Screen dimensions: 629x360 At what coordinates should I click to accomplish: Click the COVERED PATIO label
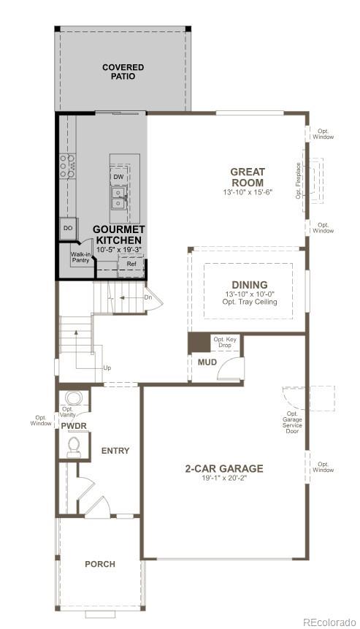(x=123, y=72)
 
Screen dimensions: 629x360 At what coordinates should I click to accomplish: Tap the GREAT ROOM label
(x=248, y=178)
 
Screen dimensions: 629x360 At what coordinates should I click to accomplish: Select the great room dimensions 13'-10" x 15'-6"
(x=248, y=192)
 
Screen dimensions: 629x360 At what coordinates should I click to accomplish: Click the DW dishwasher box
(x=118, y=177)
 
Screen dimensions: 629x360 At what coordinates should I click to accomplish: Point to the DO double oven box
(x=68, y=229)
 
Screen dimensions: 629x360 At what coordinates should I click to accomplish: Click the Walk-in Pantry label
(x=80, y=258)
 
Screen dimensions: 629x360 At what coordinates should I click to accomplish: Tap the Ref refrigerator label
(x=131, y=263)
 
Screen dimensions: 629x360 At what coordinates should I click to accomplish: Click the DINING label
(x=250, y=285)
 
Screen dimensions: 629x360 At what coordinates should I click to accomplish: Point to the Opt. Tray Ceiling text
(x=250, y=302)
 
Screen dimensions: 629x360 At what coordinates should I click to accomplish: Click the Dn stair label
(x=148, y=297)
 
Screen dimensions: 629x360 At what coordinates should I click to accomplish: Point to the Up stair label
(x=107, y=367)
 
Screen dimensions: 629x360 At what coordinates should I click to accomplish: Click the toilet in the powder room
(x=73, y=445)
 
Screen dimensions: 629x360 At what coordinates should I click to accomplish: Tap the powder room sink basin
(x=73, y=399)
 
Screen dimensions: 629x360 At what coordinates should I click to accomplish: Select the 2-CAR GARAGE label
(x=223, y=469)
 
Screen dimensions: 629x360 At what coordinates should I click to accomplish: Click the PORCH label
(x=100, y=564)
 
